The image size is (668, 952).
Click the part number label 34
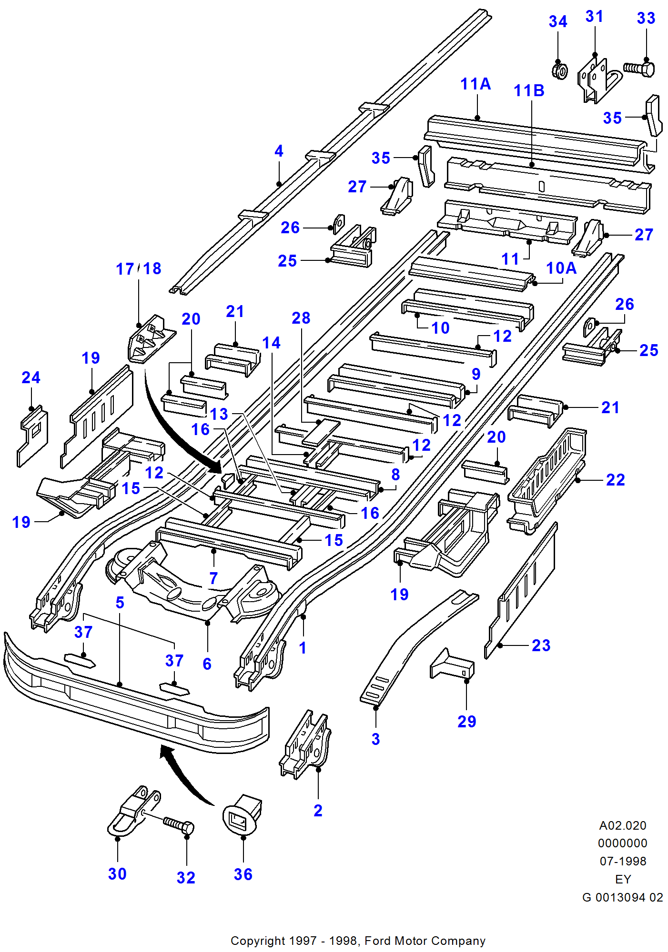558,22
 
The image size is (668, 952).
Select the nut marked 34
560,71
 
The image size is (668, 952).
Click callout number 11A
476,84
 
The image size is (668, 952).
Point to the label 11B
529,91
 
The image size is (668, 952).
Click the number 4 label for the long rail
279,151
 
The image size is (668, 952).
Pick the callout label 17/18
139,269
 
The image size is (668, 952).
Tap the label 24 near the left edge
31,378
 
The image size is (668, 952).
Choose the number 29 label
466,722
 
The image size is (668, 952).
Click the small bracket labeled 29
453,664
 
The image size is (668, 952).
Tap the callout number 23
541,646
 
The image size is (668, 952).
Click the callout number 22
615,480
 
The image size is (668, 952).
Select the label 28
301,318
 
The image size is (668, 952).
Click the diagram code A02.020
623,826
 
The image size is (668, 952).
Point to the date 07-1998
623,862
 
